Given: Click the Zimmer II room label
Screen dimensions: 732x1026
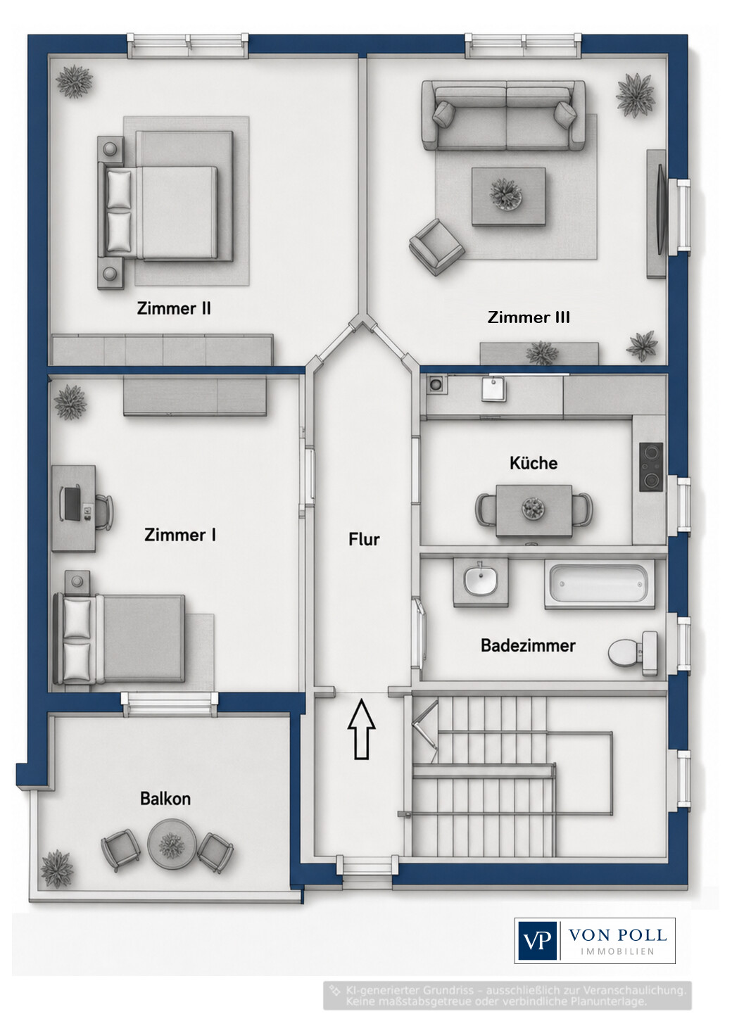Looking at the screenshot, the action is tap(174, 308).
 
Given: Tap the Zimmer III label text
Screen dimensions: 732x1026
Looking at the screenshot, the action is tap(529, 317).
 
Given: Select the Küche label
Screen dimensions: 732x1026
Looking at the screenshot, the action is tap(534, 463).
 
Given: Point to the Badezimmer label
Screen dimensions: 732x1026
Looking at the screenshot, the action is tap(528, 646).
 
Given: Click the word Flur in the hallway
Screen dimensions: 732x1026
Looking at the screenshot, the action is tap(364, 540).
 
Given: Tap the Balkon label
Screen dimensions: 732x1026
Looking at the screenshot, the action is tap(165, 799).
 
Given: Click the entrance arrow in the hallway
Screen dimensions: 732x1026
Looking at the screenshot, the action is tap(361, 729).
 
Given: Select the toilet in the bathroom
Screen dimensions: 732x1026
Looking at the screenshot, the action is tap(633, 654).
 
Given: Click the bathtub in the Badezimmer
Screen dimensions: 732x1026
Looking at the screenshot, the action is tap(599, 583).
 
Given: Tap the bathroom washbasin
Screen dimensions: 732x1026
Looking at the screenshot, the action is tap(481, 582).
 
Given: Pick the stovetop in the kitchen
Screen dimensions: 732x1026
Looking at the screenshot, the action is tap(651, 467).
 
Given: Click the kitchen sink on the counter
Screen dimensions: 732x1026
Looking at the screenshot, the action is tap(494, 390).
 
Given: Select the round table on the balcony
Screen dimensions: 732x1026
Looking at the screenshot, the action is tap(172, 843).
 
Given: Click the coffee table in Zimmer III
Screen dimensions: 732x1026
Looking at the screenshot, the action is tap(508, 196).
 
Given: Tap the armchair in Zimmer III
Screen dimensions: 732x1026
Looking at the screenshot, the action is tap(436, 247).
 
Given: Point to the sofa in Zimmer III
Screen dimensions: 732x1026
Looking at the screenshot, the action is tap(503, 115).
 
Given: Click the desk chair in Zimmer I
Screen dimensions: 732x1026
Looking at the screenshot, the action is tap(104, 512).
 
